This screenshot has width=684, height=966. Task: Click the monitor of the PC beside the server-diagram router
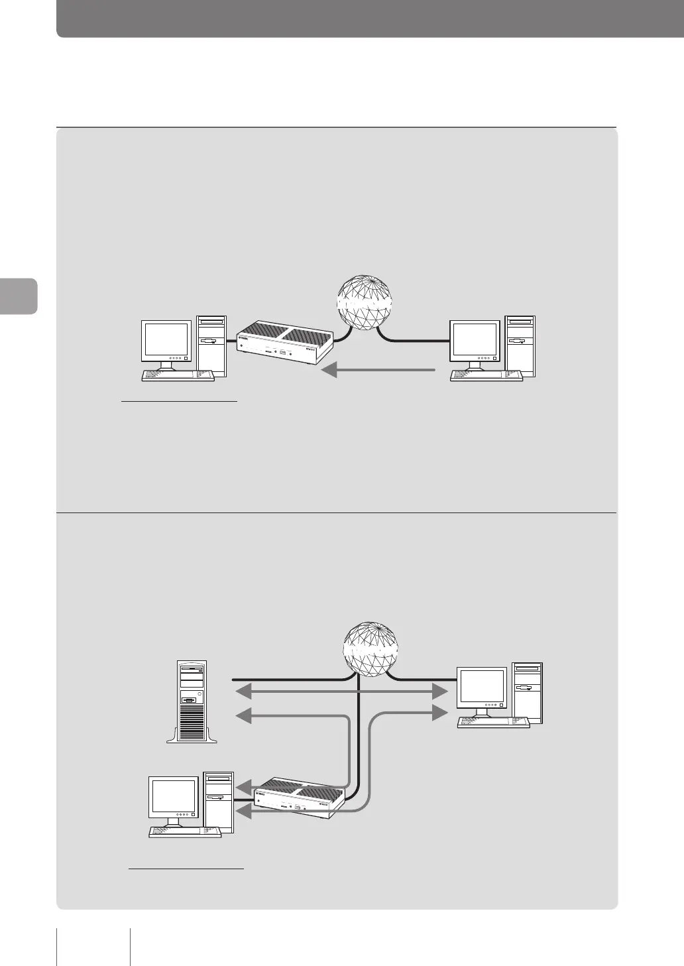175,798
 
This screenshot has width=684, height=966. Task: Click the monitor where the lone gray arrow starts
475,343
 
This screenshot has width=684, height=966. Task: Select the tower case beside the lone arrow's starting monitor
520,346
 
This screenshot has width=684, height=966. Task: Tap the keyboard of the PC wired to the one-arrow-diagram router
178,375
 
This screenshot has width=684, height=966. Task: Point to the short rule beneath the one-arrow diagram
179,401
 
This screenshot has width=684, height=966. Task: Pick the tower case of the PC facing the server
528,693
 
